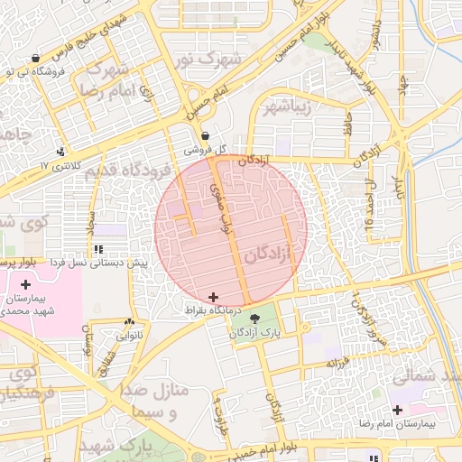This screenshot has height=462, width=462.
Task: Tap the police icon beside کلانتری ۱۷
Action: [x=60, y=152]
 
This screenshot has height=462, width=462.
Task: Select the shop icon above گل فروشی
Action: [x=206, y=135]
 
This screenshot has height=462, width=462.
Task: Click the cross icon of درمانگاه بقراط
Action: [x=213, y=297]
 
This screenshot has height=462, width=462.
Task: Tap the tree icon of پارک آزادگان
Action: [x=254, y=318]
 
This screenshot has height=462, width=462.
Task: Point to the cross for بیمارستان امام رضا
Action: [x=397, y=410]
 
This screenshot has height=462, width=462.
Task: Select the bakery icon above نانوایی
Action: [x=130, y=321]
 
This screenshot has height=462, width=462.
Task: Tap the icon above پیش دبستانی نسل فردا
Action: [x=97, y=248]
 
